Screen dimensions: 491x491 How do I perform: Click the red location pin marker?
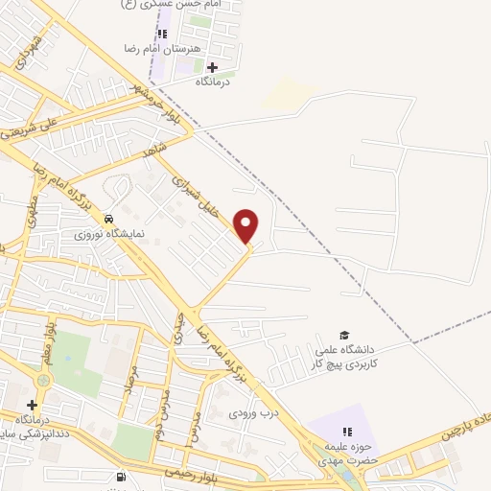pyautogui.click(x=247, y=224)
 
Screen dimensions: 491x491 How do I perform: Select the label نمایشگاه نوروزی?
pyautogui.click(x=109, y=233)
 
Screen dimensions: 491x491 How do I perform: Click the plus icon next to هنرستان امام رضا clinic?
pyautogui.click(x=212, y=66)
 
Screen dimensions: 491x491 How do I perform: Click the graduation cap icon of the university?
pyautogui.click(x=344, y=333)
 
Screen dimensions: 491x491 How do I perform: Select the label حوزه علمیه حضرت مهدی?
pyautogui.click(x=348, y=453)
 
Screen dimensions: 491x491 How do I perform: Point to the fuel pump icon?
pyautogui.click(x=119, y=477)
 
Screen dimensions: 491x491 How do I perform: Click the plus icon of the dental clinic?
pyautogui.click(x=33, y=406)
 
